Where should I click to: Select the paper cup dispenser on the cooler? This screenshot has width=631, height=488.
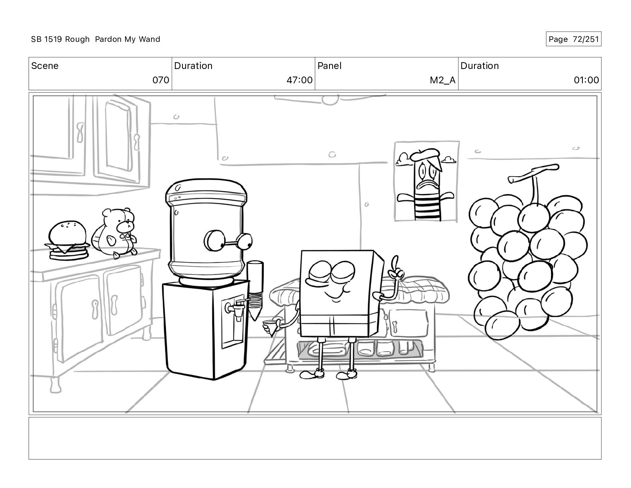tap(255, 290)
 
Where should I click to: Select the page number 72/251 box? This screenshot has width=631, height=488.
tap(574, 39)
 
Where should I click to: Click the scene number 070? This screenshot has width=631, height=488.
tap(161, 80)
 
